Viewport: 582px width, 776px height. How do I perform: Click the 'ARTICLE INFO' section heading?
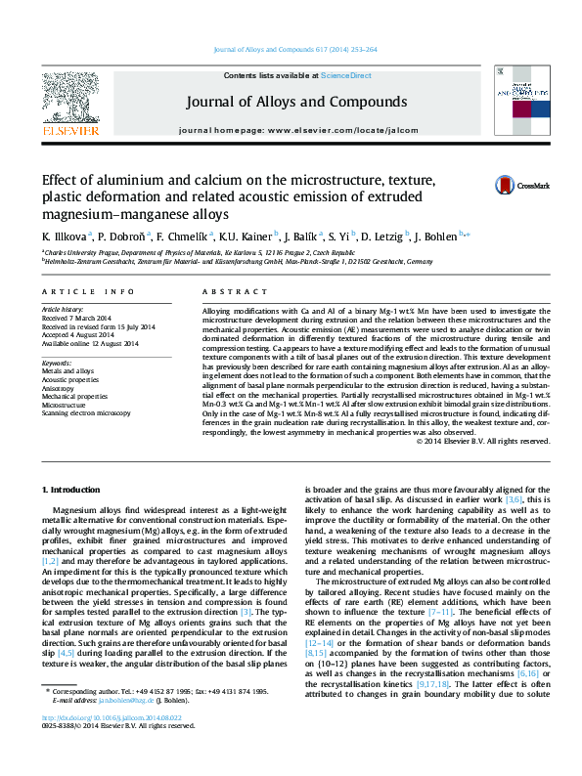[x=81, y=291]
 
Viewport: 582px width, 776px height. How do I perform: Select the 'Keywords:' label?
[x=57, y=364]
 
